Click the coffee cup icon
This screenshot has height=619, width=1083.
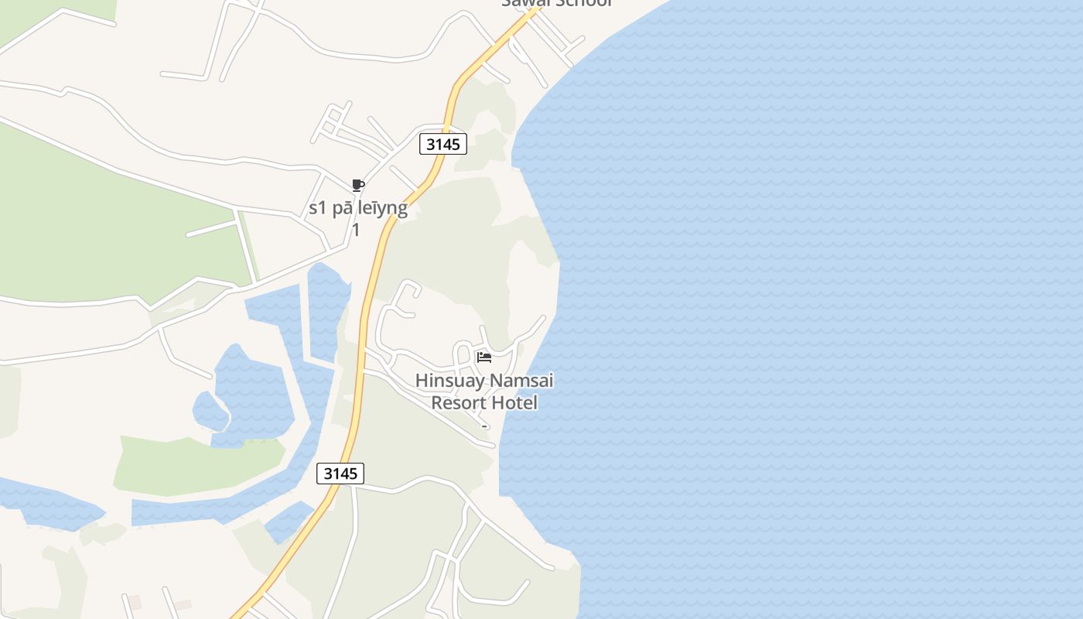coord(357,185)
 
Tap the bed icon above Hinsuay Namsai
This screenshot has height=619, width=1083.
coord(484,357)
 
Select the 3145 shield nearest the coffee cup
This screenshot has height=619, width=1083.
coord(443,144)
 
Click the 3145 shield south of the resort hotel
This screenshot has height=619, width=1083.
coord(340,474)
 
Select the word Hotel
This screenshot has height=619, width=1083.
coord(515,403)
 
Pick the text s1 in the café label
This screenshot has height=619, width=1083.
coord(319,208)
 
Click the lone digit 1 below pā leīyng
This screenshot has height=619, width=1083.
coord(356,231)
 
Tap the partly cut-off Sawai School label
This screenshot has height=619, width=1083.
coord(557,3)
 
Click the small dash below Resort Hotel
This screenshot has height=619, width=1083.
coord(484,426)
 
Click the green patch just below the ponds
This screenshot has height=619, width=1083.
coord(193,464)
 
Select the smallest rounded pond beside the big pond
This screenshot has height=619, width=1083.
coord(210,411)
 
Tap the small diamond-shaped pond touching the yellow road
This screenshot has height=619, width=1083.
coord(289,521)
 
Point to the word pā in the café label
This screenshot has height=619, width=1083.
coord(342,208)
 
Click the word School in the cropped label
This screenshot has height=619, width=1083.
coord(583,3)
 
